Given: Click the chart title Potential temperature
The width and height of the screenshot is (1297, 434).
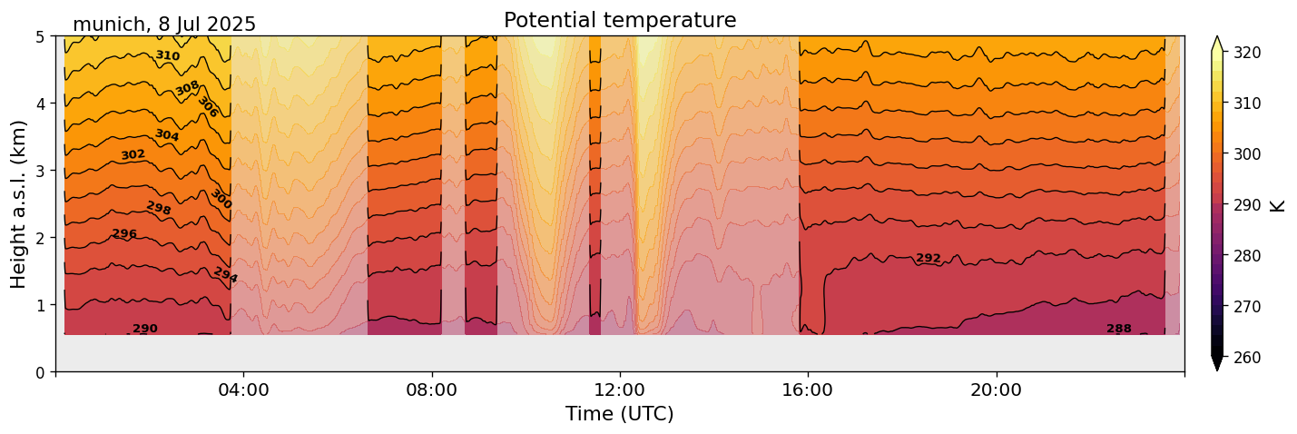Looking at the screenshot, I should (620, 20).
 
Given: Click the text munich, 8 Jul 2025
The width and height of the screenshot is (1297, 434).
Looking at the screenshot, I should (164, 25).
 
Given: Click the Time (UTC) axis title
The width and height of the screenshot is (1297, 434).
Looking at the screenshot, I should (620, 414).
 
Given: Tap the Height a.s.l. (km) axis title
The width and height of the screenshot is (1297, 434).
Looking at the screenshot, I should (19, 204).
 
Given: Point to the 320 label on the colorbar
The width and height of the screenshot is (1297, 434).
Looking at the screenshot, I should (1248, 53).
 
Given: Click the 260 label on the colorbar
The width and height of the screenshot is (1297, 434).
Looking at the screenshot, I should (1248, 358).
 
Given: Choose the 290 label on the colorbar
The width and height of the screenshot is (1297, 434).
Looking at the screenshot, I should (1248, 205).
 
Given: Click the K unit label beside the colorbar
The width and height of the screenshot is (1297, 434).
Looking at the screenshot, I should (1278, 205).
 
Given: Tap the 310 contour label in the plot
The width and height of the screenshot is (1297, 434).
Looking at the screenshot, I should (167, 55).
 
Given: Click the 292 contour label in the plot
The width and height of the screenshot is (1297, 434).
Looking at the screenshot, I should (929, 259).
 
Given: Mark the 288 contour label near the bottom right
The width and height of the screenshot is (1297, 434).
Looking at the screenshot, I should (1119, 329).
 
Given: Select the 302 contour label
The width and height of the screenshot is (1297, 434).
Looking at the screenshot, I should (133, 155).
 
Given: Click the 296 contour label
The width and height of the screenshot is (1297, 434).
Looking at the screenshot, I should (124, 234).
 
